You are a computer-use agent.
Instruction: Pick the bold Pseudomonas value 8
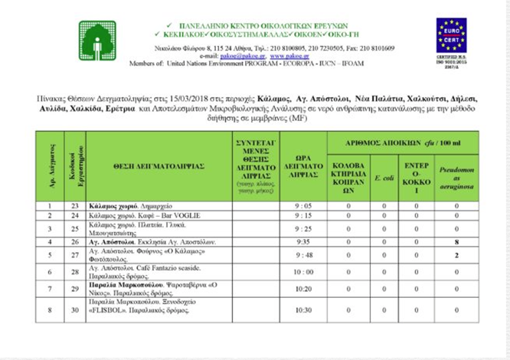[456, 241]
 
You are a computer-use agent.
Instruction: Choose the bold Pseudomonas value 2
[456, 255]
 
